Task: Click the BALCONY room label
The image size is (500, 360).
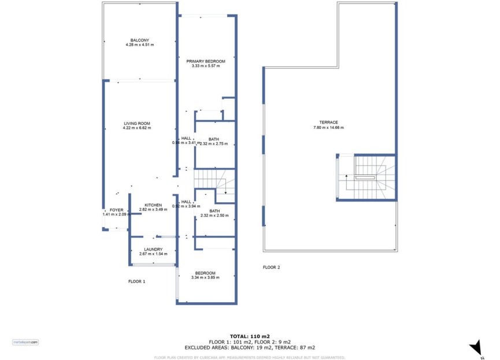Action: pos(139,40)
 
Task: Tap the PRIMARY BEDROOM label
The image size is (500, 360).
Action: pos(206,61)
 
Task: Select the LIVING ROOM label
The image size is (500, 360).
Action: pos(137,123)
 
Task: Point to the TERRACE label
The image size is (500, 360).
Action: pos(329,122)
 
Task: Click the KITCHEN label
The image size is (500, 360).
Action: pos(153,205)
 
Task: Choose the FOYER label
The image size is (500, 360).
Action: pos(116,210)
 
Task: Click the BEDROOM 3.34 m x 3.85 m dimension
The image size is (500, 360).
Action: pos(205,278)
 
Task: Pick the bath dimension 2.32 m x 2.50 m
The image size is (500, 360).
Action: pos(214,216)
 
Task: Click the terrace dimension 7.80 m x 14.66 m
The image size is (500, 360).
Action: pos(329,127)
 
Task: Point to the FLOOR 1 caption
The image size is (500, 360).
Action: pos(136,281)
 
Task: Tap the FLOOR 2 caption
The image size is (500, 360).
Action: pos(271,267)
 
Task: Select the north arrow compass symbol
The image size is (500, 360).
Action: pos(476,347)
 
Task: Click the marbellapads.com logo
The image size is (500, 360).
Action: pos(25,342)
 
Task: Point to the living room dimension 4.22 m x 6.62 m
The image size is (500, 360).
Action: pos(137,128)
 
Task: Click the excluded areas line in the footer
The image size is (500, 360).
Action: pos(250,347)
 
